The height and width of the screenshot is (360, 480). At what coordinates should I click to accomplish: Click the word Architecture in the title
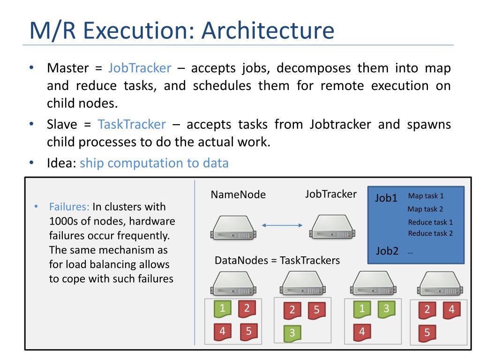[268, 30]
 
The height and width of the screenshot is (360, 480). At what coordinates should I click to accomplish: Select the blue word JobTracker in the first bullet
[140, 68]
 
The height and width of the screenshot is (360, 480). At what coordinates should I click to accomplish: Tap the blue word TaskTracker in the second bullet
[132, 124]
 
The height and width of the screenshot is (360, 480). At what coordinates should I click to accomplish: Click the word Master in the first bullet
[68, 68]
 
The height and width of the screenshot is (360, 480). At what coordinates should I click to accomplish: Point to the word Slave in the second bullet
[62, 124]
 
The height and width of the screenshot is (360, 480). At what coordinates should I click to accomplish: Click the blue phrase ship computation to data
[154, 163]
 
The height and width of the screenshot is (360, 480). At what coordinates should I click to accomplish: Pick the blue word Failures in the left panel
[69, 207]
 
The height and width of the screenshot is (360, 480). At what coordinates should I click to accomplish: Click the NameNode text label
[238, 195]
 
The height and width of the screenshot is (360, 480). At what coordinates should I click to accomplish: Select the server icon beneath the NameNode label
[233, 227]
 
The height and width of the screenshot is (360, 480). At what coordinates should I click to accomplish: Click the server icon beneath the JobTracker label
[332, 227]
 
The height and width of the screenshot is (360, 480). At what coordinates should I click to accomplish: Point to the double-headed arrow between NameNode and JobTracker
[282, 225]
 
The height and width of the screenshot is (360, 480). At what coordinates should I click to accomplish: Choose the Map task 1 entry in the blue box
[426, 195]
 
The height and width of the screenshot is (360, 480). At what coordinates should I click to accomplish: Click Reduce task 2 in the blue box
[430, 233]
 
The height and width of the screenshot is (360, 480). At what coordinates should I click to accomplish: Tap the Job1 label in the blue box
[386, 198]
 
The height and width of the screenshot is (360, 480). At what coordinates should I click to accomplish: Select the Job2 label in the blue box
[387, 251]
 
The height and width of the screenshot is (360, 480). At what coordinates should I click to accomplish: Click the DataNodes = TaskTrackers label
[277, 260]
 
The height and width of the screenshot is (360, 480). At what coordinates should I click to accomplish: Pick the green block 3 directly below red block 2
[292, 333]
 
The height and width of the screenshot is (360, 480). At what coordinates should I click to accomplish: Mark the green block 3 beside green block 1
[386, 309]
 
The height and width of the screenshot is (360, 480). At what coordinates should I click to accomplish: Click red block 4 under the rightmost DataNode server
[452, 310]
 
